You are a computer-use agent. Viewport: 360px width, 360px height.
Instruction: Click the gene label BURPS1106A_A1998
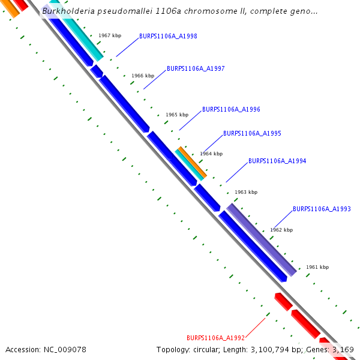point(168,36)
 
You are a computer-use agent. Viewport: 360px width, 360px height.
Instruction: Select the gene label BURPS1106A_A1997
point(196,68)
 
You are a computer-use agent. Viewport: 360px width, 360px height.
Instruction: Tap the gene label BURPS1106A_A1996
point(231,109)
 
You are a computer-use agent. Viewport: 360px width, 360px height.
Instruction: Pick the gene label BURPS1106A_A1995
point(252,133)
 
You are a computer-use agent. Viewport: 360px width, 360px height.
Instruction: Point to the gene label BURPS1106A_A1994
point(277,161)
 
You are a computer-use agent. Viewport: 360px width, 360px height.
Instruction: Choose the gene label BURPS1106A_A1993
point(322,209)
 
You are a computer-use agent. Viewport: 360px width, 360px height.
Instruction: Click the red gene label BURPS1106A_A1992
point(215,337)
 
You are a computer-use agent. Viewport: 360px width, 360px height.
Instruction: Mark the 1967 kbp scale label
point(110,35)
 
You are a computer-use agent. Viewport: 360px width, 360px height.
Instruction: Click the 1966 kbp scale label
point(143,76)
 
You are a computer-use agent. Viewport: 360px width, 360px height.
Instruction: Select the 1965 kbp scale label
point(177,115)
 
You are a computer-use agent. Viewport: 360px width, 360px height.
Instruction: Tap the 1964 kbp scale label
point(211,154)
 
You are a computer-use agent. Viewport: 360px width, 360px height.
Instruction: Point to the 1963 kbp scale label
point(246,192)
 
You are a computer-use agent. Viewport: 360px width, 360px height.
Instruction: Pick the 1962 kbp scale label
point(281,230)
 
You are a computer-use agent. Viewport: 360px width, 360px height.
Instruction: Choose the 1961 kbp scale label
point(317,267)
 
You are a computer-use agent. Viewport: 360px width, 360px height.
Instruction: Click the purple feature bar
point(262,239)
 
